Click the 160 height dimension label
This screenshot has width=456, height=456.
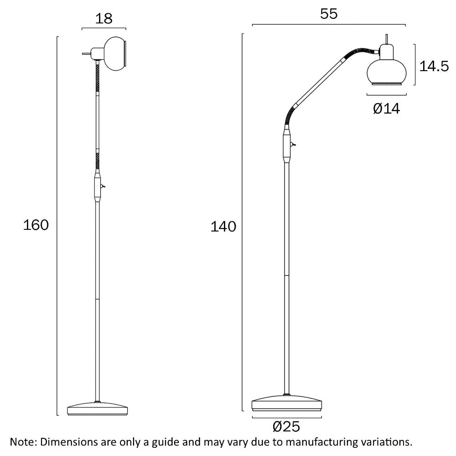coord(36,225)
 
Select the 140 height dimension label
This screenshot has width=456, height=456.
coord(223,227)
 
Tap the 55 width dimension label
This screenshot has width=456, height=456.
coord(329,14)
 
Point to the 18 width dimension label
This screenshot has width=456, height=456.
coord(104,19)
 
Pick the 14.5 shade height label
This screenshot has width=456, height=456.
coord(434,66)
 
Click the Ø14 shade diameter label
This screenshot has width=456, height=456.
coord(386,109)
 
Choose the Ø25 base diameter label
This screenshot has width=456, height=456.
coord(286,427)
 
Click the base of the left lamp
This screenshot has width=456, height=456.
coord(98,409)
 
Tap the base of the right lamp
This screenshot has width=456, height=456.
coord(287,403)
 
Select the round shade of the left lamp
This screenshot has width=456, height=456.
coord(115,53)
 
